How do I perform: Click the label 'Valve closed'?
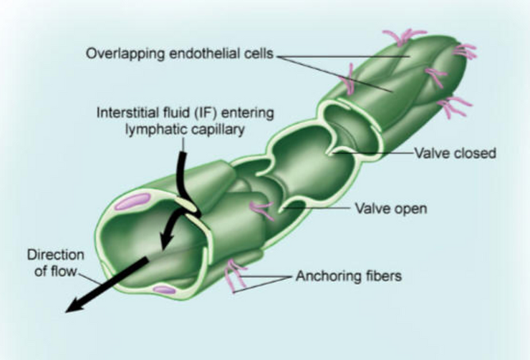coord(456,153)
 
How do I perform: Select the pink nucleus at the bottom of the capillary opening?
coord(164,289)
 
